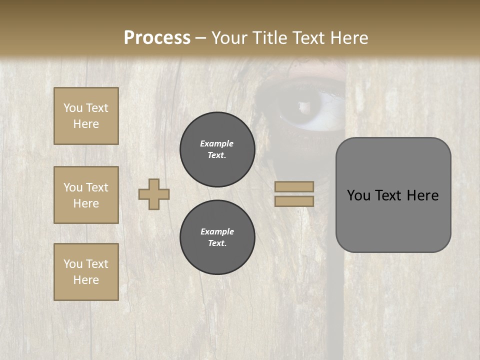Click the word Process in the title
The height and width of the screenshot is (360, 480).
[x=157, y=38]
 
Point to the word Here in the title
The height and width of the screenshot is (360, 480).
[x=347, y=38]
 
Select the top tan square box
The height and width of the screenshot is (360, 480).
[x=86, y=116]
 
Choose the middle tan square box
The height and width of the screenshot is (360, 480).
[x=86, y=195]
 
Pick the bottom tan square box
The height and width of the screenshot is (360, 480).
[x=86, y=272]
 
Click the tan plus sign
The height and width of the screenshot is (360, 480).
[x=154, y=194]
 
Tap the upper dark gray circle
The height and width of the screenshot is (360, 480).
[x=217, y=149]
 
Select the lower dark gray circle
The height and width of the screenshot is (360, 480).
[x=217, y=237]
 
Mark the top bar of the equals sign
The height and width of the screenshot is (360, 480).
[x=294, y=186]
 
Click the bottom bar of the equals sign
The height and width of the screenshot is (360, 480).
[x=294, y=201]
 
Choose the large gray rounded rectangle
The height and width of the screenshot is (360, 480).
[x=393, y=195]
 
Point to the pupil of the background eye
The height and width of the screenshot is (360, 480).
[x=303, y=106]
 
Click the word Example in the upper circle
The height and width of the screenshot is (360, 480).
[x=217, y=143]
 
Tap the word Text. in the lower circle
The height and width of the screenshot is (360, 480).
[x=217, y=243]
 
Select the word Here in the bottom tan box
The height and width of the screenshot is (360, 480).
[x=86, y=280]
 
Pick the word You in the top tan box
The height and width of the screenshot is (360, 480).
[x=72, y=108]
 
